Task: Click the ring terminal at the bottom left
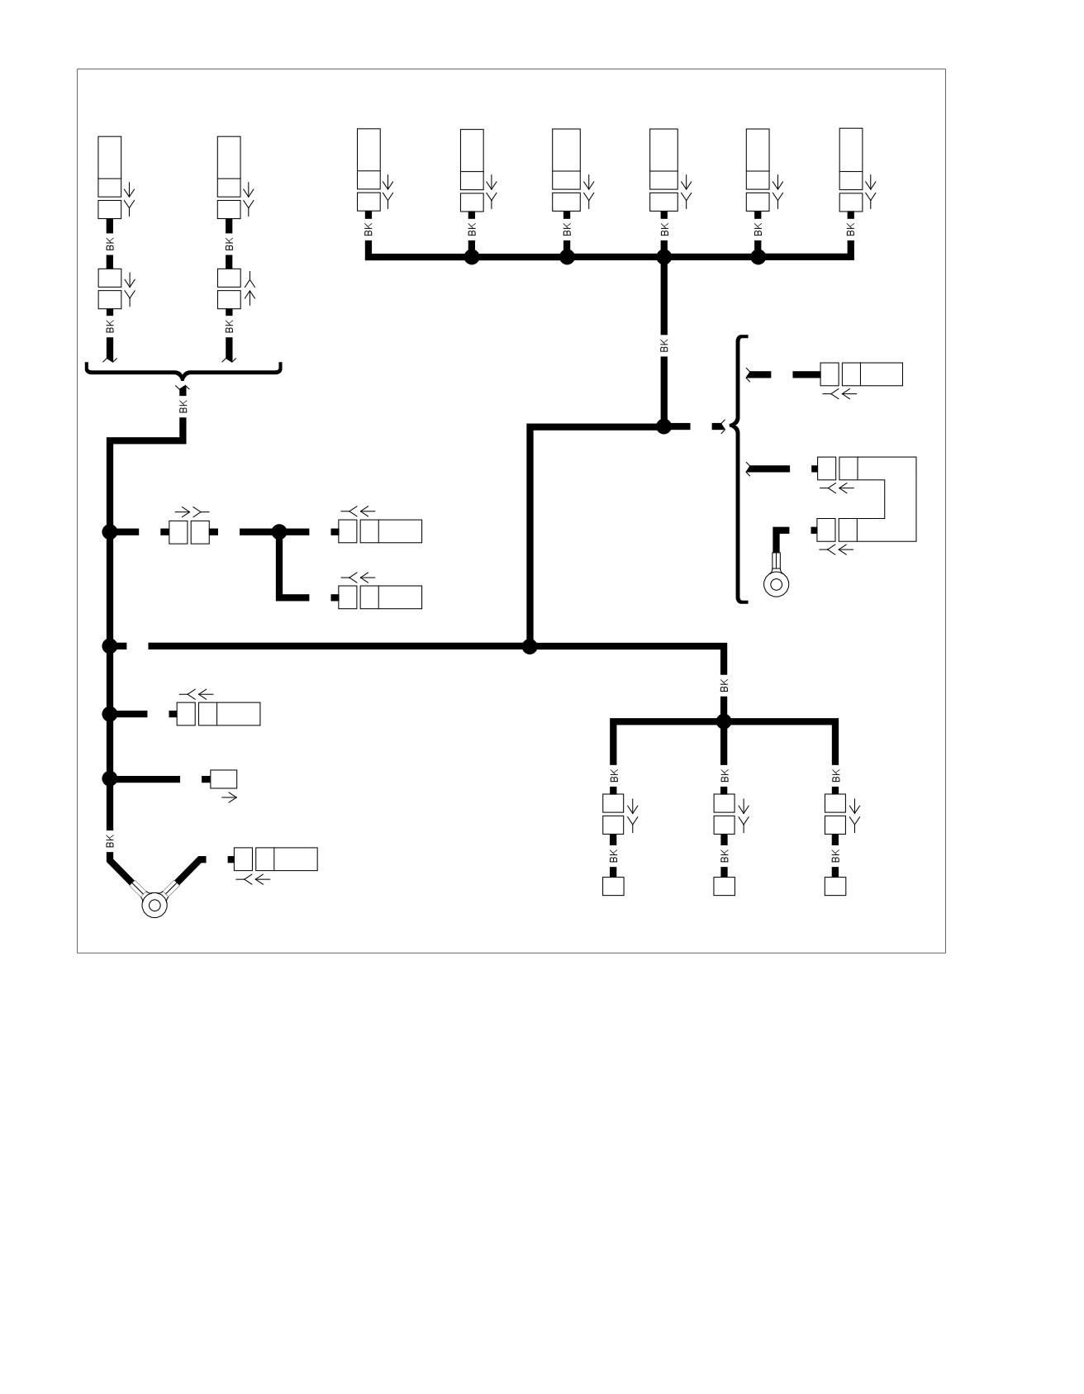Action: pos(155,905)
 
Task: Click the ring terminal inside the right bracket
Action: pos(776,583)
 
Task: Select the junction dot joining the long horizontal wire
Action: pos(530,646)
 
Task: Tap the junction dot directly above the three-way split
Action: pos(724,721)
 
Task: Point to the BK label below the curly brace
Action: pos(183,407)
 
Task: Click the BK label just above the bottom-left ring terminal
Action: pos(110,841)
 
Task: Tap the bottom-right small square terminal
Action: pos(835,886)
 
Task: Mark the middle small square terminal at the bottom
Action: pos(724,886)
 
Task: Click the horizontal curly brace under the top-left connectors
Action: pos(183,371)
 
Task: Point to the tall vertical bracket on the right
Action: pos(739,469)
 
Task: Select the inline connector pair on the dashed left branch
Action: pos(189,532)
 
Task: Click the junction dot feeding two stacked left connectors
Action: pos(279,531)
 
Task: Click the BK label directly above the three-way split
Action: pos(725,685)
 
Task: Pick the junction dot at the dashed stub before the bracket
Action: pos(663,426)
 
